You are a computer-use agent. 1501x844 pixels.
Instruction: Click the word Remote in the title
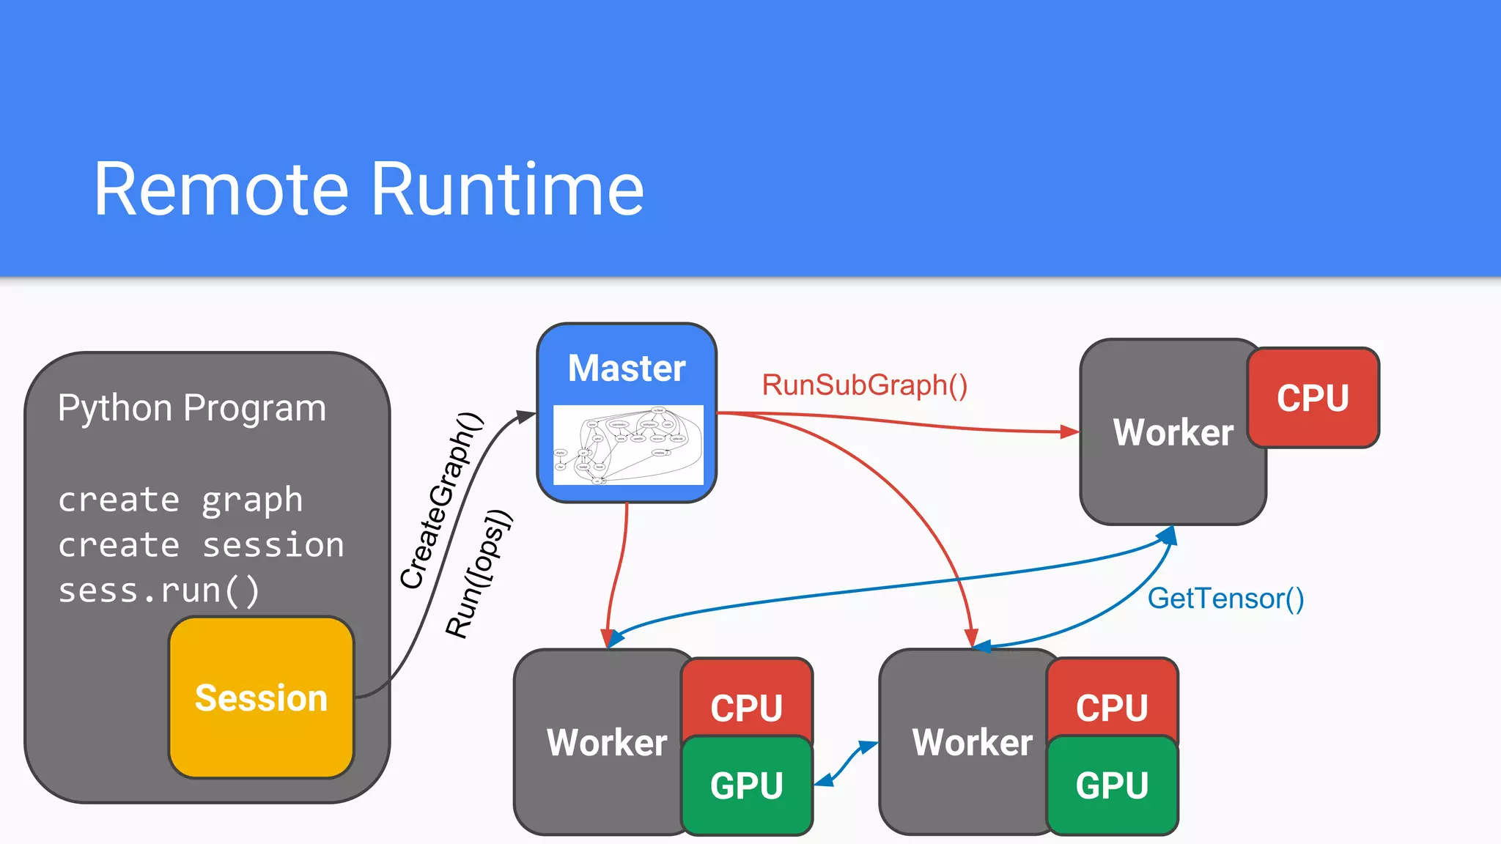(x=221, y=190)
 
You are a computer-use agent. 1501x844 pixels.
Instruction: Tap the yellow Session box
(x=261, y=697)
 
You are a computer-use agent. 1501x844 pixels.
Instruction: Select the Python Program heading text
(x=191, y=407)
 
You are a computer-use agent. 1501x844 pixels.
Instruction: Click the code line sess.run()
(x=158, y=591)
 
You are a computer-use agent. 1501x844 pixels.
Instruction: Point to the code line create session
(x=201, y=545)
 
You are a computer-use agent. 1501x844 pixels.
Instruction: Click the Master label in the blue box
(x=627, y=368)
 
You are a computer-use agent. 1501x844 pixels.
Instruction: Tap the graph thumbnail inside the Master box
(x=628, y=445)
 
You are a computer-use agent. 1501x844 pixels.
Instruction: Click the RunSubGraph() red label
(x=864, y=385)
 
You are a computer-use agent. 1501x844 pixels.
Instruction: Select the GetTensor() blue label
(x=1225, y=599)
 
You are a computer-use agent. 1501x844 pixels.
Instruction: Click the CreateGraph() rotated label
(x=442, y=501)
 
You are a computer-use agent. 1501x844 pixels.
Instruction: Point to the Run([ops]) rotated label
(x=479, y=574)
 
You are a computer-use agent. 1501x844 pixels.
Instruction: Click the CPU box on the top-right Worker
(x=1313, y=398)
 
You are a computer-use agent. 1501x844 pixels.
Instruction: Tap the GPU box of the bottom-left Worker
(x=746, y=785)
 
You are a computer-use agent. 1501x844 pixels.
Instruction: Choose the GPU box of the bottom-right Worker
(x=1112, y=785)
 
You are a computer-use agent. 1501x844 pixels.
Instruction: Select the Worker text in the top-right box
(x=1173, y=432)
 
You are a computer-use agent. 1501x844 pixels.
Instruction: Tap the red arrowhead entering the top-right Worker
(x=1069, y=432)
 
